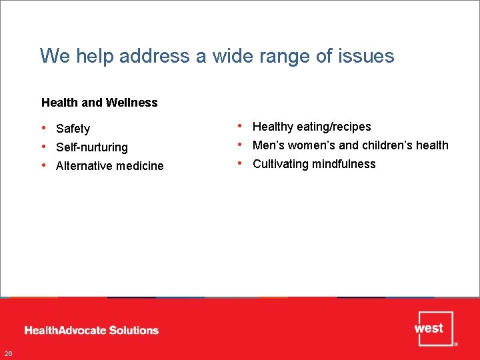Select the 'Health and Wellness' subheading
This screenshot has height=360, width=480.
(99, 103)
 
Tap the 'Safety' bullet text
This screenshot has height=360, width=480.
(73, 129)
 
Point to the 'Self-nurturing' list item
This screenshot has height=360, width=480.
(91, 147)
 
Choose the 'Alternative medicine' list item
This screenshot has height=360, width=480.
(109, 166)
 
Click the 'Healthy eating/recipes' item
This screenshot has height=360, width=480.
(311, 127)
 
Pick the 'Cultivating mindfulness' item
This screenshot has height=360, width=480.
(314, 164)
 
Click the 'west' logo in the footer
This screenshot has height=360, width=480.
(434, 329)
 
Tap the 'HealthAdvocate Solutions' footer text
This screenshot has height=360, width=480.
(91, 330)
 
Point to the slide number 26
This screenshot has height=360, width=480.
(7, 353)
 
